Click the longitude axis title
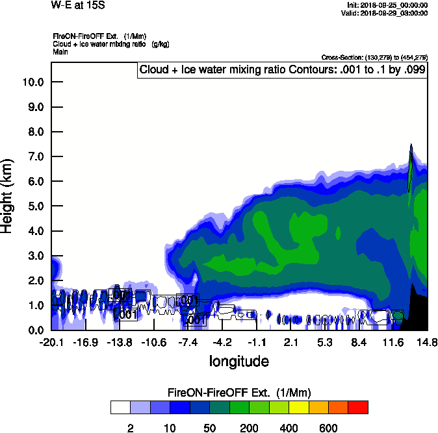point(238,361)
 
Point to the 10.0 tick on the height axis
point(32,82)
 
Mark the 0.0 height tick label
point(35,330)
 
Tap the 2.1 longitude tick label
point(290,342)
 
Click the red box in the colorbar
point(357,407)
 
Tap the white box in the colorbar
point(120,407)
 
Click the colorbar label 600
point(328,428)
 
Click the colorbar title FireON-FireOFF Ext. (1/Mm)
point(239,393)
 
